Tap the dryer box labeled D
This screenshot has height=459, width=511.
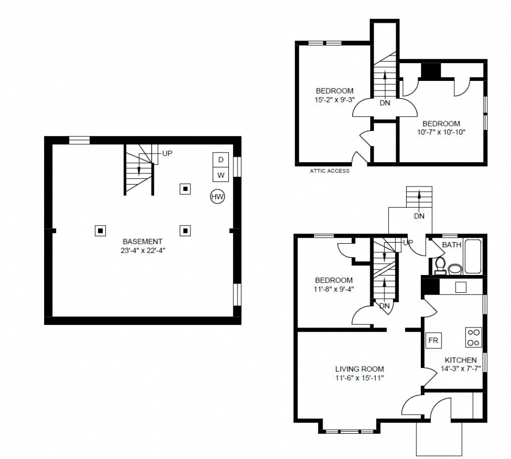pyautogui.click(x=220, y=160)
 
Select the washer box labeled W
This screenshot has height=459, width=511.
pyautogui.click(x=220, y=175)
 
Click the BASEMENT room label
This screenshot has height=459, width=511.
pyautogui.click(x=142, y=242)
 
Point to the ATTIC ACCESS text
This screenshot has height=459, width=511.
pyautogui.click(x=329, y=171)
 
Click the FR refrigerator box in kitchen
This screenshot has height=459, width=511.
pyautogui.click(x=433, y=341)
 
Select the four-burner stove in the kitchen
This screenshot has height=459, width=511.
pyautogui.click(x=474, y=337)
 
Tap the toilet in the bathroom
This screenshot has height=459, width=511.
pyautogui.click(x=440, y=264)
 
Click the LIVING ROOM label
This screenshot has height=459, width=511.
pyautogui.click(x=360, y=369)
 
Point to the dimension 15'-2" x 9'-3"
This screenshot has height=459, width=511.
pyautogui.click(x=334, y=100)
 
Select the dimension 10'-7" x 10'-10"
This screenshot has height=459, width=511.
pyautogui.click(x=441, y=132)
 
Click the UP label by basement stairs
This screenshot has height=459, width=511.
pyautogui.click(x=167, y=153)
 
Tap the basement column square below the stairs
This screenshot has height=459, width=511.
pyautogui.click(x=186, y=189)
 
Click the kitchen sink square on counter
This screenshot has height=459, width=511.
pyautogui.click(x=460, y=287)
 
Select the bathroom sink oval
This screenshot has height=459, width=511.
pyautogui.click(x=455, y=268)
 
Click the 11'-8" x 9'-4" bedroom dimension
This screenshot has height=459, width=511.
pyautogui.click(x=334, y=289)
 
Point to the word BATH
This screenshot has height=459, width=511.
pyautogui.click(x=451, y=245)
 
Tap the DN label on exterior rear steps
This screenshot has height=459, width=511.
pyautogui.click(x=419, y=216)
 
